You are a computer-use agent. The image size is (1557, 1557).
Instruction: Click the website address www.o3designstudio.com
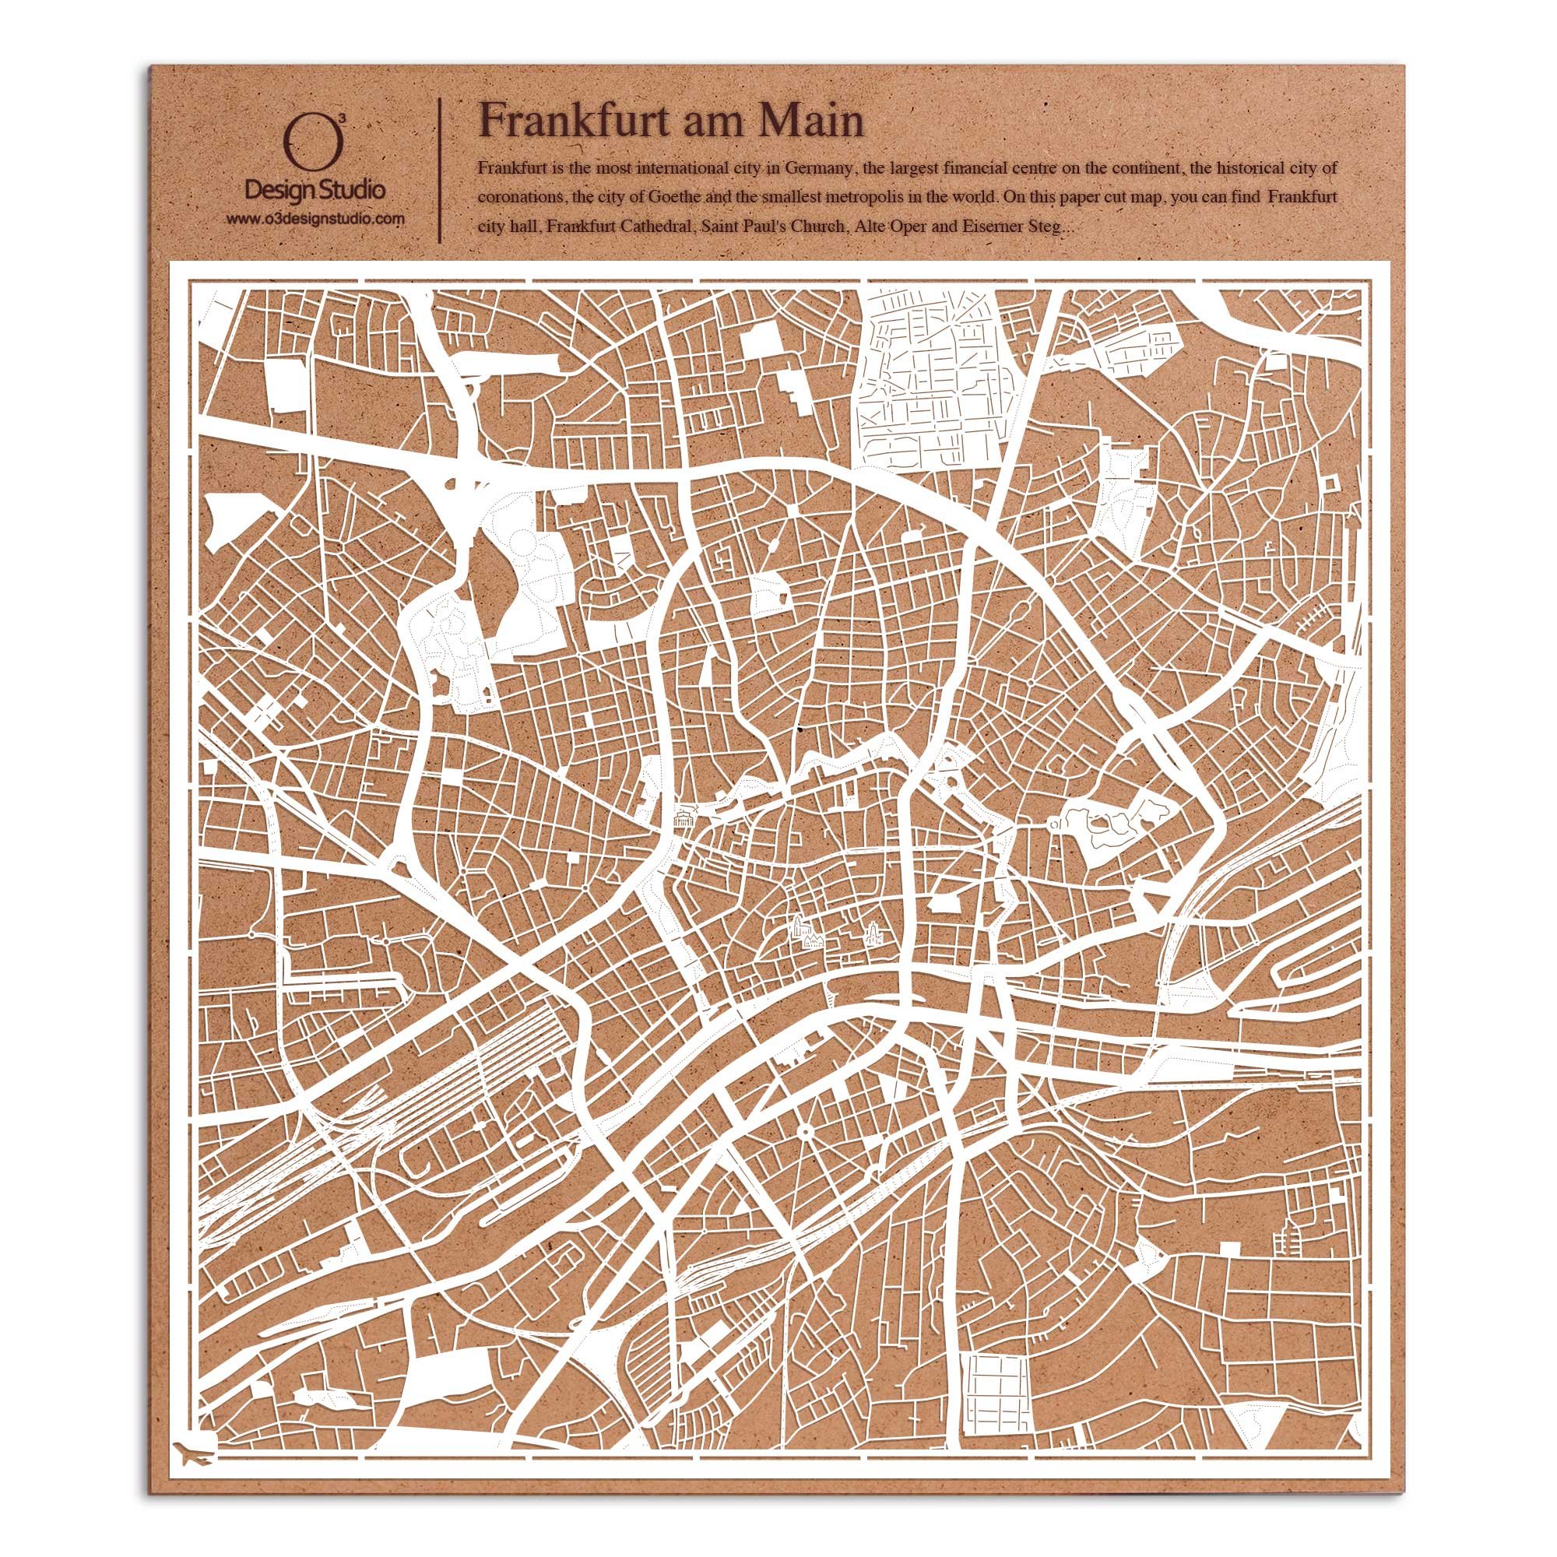[x=315, y=219]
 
